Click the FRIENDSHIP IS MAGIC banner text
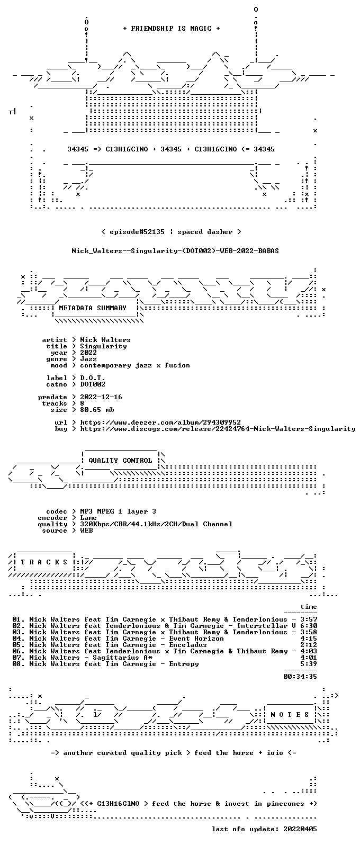(x=172, y=29)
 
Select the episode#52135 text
(x=137, y=232)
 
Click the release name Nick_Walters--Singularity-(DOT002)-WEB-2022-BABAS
(x=175, y=251)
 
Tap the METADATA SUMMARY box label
(x=93, y=308)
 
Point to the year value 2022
(x=88, y=353)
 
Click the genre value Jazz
(x=88, y=359)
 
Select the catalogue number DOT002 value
(x=93, y=384)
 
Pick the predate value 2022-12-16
(x=101, y=397)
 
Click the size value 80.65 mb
(x=97, y=410)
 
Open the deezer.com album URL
(x=160, y=422)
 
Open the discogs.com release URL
(x=218, y=429)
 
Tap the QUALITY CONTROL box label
(x=120, y=461)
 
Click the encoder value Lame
(x=88, y=518)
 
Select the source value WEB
(x=86, y=531)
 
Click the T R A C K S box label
(x=44, y=562)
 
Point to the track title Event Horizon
(x=196, y=639)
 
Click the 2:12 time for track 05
(x=309, y=645)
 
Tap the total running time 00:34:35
(x=300, y=677)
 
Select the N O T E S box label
(x=290, y=715)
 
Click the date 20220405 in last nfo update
(x=300, y=829)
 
